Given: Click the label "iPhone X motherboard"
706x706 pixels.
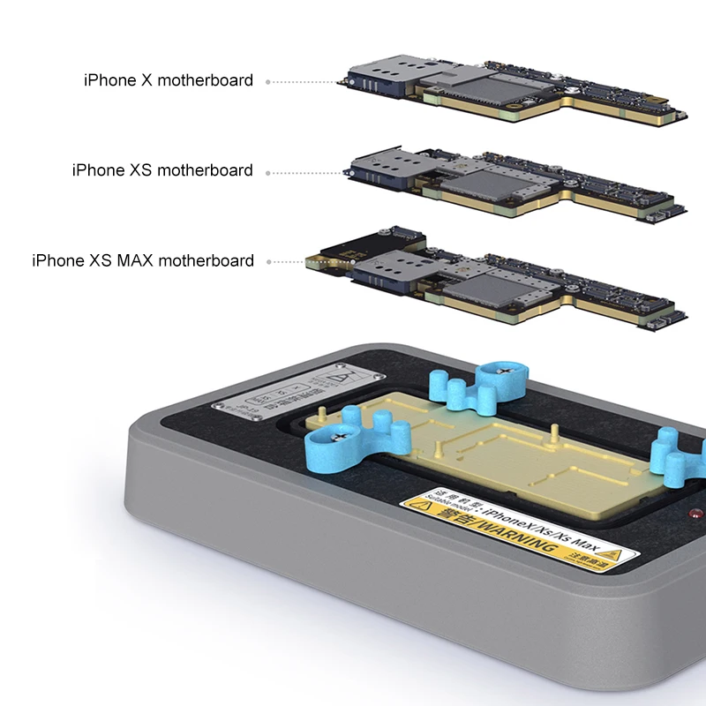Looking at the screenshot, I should (169, 80).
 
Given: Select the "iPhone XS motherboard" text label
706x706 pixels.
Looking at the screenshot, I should (162, 170).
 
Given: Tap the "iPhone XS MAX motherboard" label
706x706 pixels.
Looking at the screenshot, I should (143, 261).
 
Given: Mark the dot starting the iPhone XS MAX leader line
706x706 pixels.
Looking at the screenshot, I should (267, 262).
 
